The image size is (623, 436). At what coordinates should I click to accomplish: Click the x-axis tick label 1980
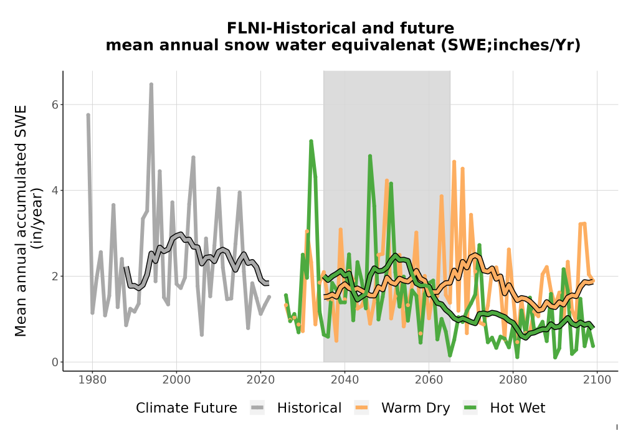[x=93, y=380]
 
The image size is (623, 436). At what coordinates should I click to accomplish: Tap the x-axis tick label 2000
[x=176, y=380]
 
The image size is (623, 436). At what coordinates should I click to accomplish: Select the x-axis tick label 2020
[x=260, y=380]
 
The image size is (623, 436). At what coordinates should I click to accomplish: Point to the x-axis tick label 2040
[x=345, y=380]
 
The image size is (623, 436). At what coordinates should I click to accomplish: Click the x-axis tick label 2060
[x=429, y=380]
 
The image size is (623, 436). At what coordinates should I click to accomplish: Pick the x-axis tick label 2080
[x=513, y=380]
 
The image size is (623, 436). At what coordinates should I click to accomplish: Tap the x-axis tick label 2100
[x=597, y=380]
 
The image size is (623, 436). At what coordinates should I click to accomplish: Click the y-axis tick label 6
[x=55, y=105]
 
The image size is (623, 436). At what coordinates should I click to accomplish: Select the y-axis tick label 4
[x=55, y=190]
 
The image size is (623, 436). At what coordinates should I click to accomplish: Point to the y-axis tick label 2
[x=55, y=276]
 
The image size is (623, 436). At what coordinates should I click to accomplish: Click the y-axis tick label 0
[x=55, y=362]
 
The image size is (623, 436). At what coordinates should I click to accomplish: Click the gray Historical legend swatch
[x=257, y=408]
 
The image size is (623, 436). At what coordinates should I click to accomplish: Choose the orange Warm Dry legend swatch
[x=361, y=408]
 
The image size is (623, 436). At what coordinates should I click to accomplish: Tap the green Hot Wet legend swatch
[x=470, y=408]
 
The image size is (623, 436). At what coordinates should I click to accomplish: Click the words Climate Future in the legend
[x=186, y=408]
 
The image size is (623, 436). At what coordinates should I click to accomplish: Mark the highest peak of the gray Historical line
[x=151, y=84]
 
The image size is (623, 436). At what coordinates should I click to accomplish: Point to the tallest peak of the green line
[x=311, y=141]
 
